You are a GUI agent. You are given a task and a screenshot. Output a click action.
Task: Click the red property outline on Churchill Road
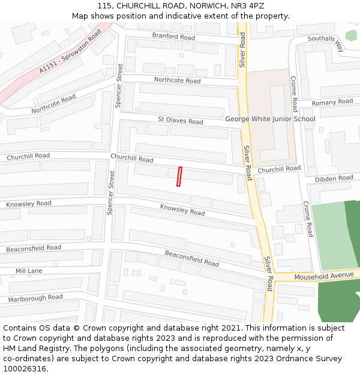[179, 176]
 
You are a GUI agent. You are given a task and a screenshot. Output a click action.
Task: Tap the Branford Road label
[173, 37]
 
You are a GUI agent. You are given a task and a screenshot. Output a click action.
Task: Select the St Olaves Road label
[181, 121]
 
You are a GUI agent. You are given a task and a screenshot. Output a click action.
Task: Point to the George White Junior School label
[270, 119]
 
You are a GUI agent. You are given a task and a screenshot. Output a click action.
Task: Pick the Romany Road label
[332, 102]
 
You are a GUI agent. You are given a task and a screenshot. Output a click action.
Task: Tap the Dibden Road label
[334, 178]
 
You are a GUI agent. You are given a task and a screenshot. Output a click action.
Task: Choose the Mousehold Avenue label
[324, 275]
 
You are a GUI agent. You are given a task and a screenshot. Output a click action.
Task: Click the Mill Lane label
[29, 271]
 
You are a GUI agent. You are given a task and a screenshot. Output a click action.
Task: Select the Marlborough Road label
[35, 298]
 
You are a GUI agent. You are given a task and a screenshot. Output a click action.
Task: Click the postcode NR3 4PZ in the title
[247, 6]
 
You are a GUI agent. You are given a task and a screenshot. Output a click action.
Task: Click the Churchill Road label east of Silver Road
[279, 170]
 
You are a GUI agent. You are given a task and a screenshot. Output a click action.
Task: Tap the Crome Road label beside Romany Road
[294, 94]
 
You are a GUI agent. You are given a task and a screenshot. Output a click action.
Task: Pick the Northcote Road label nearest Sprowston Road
[54, 104]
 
